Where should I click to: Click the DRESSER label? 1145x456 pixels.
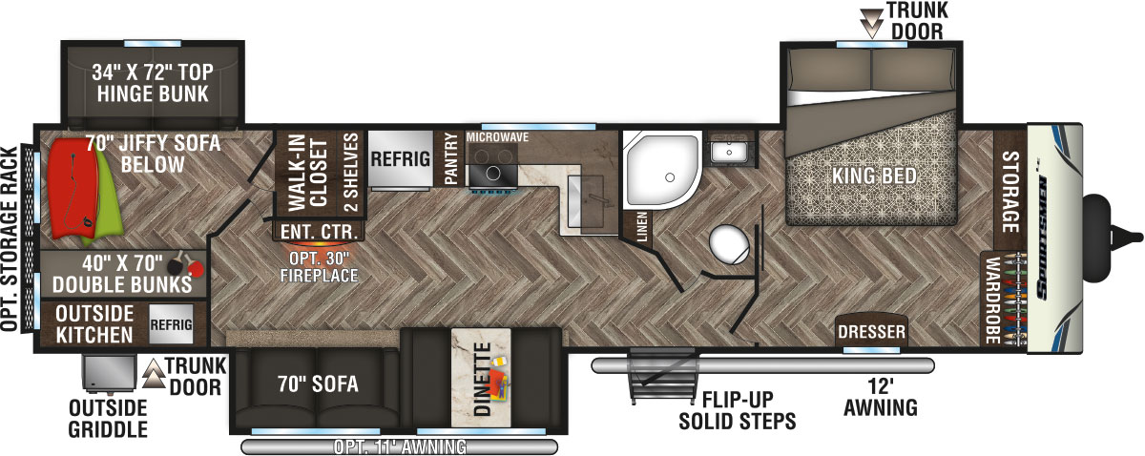coord(869,333)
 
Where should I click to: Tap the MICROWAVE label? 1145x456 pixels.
coord(496,137)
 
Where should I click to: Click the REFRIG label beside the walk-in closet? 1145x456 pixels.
coord(399,159)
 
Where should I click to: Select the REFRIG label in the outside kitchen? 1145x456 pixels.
coord(172,324)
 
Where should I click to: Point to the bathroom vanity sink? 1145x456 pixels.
coord(734,151)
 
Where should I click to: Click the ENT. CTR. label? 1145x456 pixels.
coord(319,232)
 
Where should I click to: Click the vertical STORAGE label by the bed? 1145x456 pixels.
coord(1010,186)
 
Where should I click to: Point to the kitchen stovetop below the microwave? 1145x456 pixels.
coord(495,174)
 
